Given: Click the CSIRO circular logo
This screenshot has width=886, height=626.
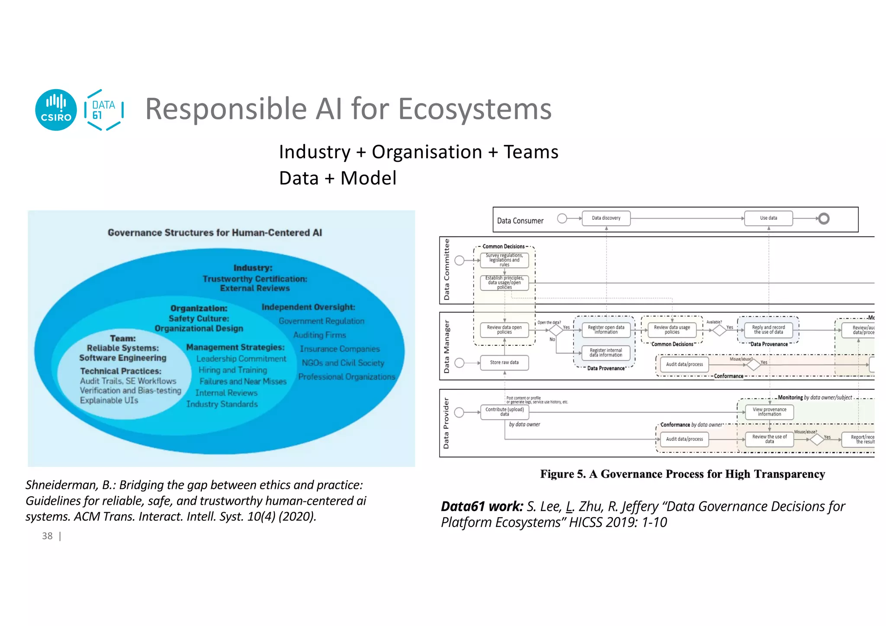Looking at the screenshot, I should [x=56, y=110].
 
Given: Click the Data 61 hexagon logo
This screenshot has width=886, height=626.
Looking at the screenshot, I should [x=104, y=110].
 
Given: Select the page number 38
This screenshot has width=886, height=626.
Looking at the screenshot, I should [x=47, y=536].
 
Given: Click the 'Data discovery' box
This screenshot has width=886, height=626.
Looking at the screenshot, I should [x=606, y=218].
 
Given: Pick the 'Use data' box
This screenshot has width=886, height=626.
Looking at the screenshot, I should [x=768, y=218].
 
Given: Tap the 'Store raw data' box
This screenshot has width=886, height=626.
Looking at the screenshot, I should [x=504, y=363].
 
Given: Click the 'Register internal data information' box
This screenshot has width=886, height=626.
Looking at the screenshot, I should [x=606, y=353].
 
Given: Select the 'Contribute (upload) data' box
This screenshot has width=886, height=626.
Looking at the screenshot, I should [x=504, y=411].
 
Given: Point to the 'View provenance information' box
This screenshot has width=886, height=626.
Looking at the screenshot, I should [x=769, y=411].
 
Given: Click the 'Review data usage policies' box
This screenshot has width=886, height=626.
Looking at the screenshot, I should [x=672, y=330].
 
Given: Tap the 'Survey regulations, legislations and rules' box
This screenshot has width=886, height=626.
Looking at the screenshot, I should [x=504, y=260].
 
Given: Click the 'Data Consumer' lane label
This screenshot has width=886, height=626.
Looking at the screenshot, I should [x=520, y=221].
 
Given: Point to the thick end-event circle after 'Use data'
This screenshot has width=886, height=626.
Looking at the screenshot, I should [x=824, y=218].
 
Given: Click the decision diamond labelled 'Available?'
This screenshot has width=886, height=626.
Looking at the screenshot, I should [x=719, y=330].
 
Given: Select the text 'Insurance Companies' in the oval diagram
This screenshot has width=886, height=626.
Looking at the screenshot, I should [x=340, y=349].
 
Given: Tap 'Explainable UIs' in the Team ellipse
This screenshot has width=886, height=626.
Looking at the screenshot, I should [x=109, y=400].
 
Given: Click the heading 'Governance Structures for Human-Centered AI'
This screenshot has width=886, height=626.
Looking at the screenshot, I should [x=215, y=233].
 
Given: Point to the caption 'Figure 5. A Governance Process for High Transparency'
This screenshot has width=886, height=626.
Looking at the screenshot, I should [x=682, y=474].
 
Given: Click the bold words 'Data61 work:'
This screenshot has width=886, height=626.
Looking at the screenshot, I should [x=482, y=506].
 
